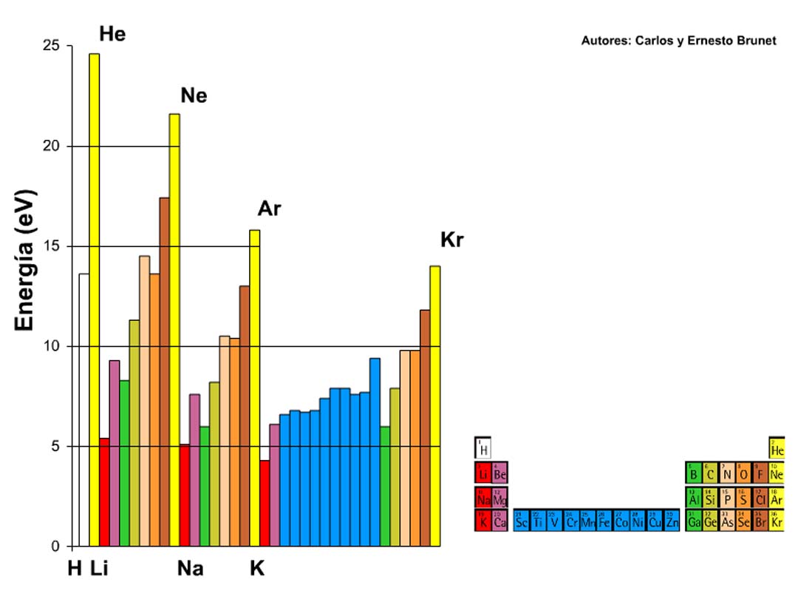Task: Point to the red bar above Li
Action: tap(104, 492)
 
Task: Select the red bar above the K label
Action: tap(265, 503)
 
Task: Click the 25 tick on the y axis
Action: tap(52, 46)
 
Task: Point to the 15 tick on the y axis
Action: tap(52, 246)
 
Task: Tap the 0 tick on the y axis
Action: tap(56, 546)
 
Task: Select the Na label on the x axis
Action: tap(190, 569)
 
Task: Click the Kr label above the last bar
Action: tap(451, 240)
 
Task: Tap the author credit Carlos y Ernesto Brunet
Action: tap(678, 41)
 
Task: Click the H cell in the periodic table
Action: tap(483, 448)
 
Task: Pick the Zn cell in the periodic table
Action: tap(671, 521)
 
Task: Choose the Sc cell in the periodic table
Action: tap(521, 521)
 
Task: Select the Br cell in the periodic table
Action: tap(760, 521)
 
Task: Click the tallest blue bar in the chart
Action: tap(375, 452)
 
